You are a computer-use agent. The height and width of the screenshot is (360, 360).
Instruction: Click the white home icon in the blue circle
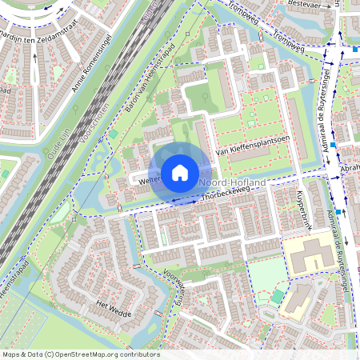tap(180, 170)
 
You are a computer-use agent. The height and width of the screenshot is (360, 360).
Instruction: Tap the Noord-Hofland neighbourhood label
tap(232, 183)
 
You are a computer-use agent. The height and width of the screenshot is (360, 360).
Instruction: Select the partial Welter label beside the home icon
tap(132, 181)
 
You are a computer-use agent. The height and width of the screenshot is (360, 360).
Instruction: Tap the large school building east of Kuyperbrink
tap(312, 256)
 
